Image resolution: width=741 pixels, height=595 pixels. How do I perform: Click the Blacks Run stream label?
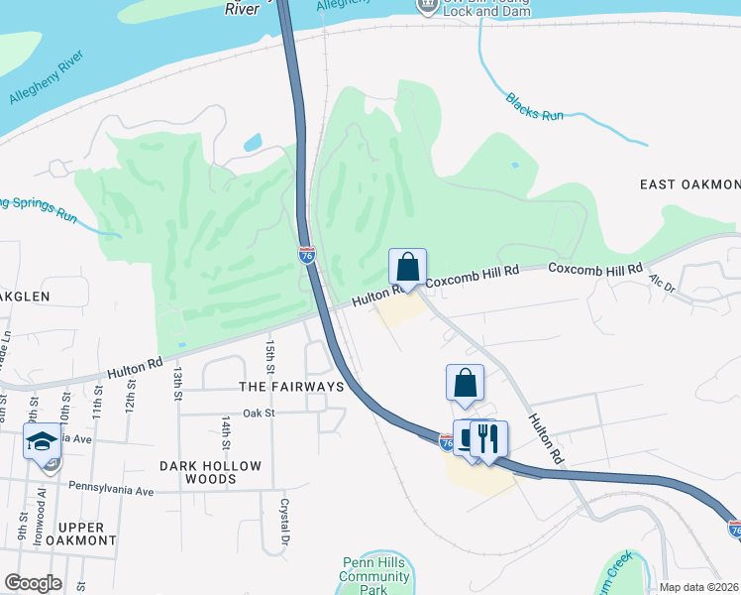pos(534,106)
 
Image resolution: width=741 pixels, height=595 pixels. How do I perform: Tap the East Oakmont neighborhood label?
pos(689,185)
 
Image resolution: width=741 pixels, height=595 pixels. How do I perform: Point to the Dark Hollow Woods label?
pos(211,472)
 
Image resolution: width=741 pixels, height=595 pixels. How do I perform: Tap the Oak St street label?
pos(257,413)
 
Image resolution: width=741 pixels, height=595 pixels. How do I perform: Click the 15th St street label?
pos(269,350)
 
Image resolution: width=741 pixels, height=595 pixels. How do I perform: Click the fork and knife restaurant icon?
pos(486,438)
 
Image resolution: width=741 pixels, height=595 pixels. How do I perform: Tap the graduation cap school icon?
pos(42,440)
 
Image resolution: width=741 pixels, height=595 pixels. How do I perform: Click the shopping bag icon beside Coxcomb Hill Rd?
pos(408,266)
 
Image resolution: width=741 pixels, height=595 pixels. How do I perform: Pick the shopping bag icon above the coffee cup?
pos(465,382)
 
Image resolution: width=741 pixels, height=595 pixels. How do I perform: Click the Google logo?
pos(33,583)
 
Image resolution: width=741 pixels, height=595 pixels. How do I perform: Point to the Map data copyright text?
pos(698,587)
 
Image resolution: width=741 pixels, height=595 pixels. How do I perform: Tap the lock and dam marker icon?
pos(427,6)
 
